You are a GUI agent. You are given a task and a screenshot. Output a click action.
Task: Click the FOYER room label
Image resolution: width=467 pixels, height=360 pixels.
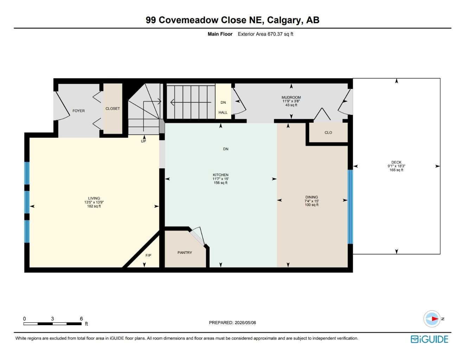point(78,111)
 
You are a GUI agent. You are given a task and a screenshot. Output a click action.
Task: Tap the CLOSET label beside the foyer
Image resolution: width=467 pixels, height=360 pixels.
point(113,109)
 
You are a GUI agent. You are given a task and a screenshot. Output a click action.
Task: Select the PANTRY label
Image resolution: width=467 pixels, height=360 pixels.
point(185,253)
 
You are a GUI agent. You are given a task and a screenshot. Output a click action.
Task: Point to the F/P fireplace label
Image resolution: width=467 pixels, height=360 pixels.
point(148,255)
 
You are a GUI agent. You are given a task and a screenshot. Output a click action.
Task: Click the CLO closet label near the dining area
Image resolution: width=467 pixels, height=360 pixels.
point(328,133)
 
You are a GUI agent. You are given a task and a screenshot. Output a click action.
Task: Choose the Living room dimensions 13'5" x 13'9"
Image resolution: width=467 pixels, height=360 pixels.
point(94,202)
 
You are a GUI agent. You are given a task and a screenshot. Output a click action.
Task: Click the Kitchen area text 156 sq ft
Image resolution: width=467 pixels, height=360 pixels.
point(220,183)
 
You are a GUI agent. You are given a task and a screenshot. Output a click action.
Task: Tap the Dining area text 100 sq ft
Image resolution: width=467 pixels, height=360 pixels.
point(312,205)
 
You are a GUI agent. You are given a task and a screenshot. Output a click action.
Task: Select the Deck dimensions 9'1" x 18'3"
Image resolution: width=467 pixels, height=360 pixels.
point(396,166)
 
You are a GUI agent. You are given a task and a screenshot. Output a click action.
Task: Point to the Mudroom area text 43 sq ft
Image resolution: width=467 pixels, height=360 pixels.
point(291,105)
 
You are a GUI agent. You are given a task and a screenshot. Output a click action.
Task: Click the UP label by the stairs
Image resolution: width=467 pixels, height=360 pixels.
point(143,141)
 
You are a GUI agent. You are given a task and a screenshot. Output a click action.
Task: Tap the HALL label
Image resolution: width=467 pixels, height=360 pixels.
point(223,112)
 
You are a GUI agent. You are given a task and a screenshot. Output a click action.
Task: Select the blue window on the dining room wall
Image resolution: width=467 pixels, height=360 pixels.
point(350,207)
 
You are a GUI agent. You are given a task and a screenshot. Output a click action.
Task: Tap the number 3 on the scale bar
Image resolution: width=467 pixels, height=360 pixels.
point(52,319)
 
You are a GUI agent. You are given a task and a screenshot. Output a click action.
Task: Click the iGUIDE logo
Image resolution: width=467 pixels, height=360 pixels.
point(429,339)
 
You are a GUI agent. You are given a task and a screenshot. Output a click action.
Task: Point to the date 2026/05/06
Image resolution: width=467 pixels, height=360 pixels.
point(245,323)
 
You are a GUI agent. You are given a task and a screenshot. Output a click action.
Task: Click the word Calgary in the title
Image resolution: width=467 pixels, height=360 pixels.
point(285,20)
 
